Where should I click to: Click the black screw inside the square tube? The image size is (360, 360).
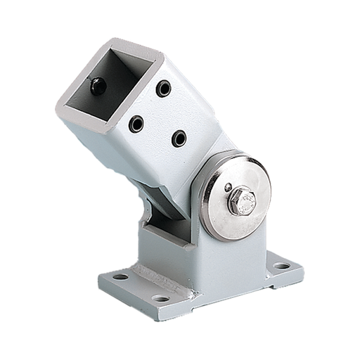coord(98,86)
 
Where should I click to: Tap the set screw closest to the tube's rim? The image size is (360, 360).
coord(163,88)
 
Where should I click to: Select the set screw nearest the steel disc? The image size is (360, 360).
coord(179,138)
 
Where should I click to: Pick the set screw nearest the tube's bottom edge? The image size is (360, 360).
coord(136,124)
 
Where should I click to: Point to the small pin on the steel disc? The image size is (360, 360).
coord(227,188)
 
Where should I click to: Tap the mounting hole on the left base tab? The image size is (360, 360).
coord(120,276)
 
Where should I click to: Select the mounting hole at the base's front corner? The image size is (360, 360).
coord(161,298)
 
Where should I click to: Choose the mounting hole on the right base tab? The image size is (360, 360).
coord(281,266)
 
